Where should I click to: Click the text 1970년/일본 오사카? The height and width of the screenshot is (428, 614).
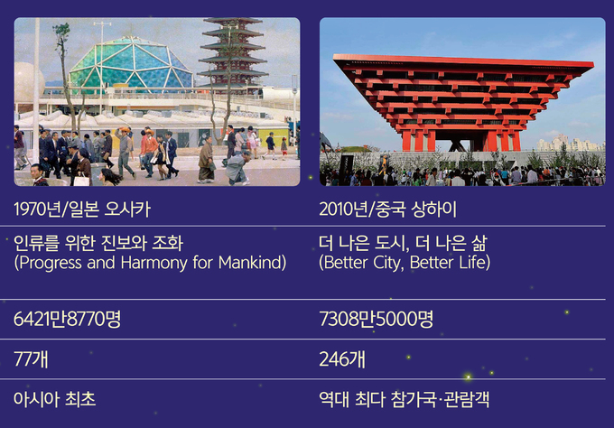[82, 209]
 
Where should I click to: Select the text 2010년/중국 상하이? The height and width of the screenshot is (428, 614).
[387, 209]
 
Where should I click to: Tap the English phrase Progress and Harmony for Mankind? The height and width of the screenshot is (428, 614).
[151, 263]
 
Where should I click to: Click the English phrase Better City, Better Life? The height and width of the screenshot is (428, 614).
[405, 263]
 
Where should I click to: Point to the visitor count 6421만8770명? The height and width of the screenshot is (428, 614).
[67, 319]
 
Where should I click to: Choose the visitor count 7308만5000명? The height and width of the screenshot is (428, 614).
[377, 319]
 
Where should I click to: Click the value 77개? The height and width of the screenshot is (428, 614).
[31, 358]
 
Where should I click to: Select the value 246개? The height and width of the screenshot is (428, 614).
[342, 358]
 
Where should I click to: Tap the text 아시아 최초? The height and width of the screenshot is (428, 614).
[55, 399]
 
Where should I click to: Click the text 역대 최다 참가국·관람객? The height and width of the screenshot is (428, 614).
[405, 399]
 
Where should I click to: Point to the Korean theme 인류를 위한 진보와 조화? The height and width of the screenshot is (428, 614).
[98, 243]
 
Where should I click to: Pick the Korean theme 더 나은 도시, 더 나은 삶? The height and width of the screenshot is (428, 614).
[403, 243]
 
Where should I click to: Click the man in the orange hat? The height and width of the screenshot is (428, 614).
[125, 152]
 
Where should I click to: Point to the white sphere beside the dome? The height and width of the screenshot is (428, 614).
[29, 83]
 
